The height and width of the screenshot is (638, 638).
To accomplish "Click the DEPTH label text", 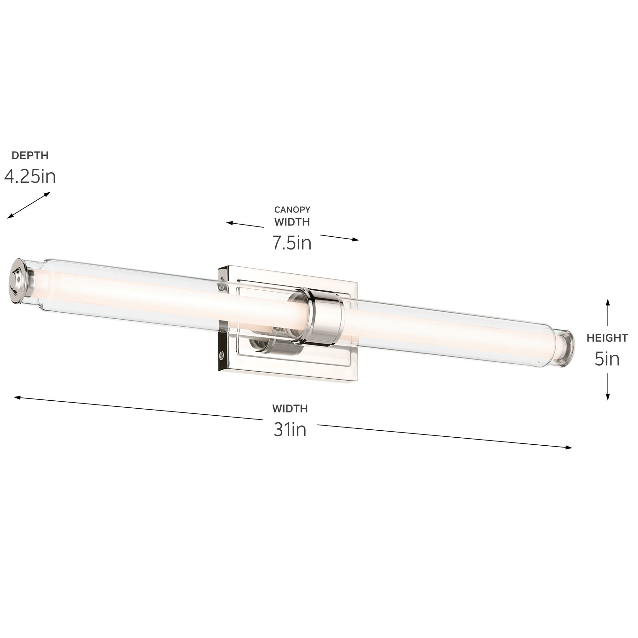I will pos(30,155).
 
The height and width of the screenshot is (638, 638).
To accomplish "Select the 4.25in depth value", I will pos(30,177).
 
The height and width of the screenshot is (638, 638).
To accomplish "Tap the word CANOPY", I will pos(292,209).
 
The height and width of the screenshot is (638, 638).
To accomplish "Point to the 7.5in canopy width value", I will pos(292,243).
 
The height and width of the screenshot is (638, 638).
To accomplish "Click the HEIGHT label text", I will pos(607,338).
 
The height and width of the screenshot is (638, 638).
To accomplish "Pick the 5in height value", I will pos(607,359).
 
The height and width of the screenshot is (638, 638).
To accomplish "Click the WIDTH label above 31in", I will pos(290,409).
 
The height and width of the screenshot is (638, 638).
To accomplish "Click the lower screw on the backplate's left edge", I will pos(222,355).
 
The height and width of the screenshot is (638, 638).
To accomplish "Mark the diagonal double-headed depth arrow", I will pos(29,205).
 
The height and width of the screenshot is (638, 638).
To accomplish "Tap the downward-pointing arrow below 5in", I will pos(608,386).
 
